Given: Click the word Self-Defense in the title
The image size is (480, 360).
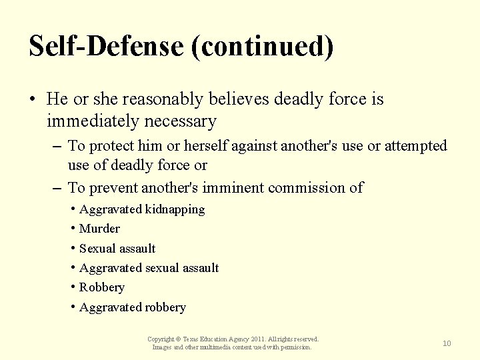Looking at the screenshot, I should (105, 46).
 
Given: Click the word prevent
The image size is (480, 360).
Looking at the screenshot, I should (113, 187).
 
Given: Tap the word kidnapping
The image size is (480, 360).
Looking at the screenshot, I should (175, 209).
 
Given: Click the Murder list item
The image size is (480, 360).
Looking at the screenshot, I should (99, 229).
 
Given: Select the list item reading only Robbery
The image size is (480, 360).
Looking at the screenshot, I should (101, 287).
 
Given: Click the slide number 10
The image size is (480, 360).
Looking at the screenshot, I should (447, 343).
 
